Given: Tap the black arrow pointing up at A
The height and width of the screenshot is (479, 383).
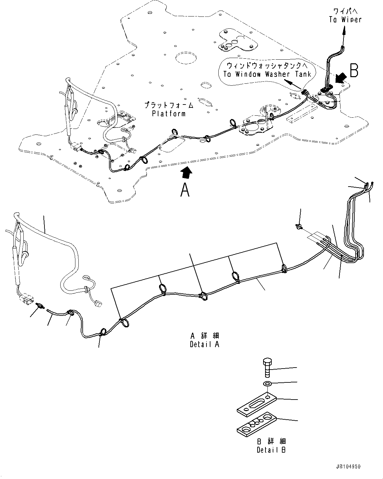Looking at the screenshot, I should (186, 171).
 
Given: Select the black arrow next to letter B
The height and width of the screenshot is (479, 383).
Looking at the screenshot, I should (341, 78).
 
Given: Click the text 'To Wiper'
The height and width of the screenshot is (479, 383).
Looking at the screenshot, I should (345, 19).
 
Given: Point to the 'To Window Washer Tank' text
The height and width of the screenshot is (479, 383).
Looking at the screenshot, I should (267, 74).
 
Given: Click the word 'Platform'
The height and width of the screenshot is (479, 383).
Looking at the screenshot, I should (169, 113).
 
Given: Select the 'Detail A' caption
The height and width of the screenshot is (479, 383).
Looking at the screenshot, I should (204, 344).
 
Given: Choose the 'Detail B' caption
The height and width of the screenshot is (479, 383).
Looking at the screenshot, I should (271, 450).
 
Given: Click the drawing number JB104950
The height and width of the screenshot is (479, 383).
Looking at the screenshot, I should (348, 466).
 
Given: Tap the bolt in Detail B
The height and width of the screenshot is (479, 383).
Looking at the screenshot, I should (267, 368).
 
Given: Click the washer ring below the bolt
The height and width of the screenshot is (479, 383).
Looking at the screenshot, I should (267, 384).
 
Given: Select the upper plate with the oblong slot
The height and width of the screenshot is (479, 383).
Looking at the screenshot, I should (257, 404).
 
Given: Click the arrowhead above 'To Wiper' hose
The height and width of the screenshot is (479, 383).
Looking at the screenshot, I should (344, 30).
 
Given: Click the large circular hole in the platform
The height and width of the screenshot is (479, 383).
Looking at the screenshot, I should (186, 58).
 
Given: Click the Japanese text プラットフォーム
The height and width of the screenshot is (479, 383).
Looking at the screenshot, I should (169, 105).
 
